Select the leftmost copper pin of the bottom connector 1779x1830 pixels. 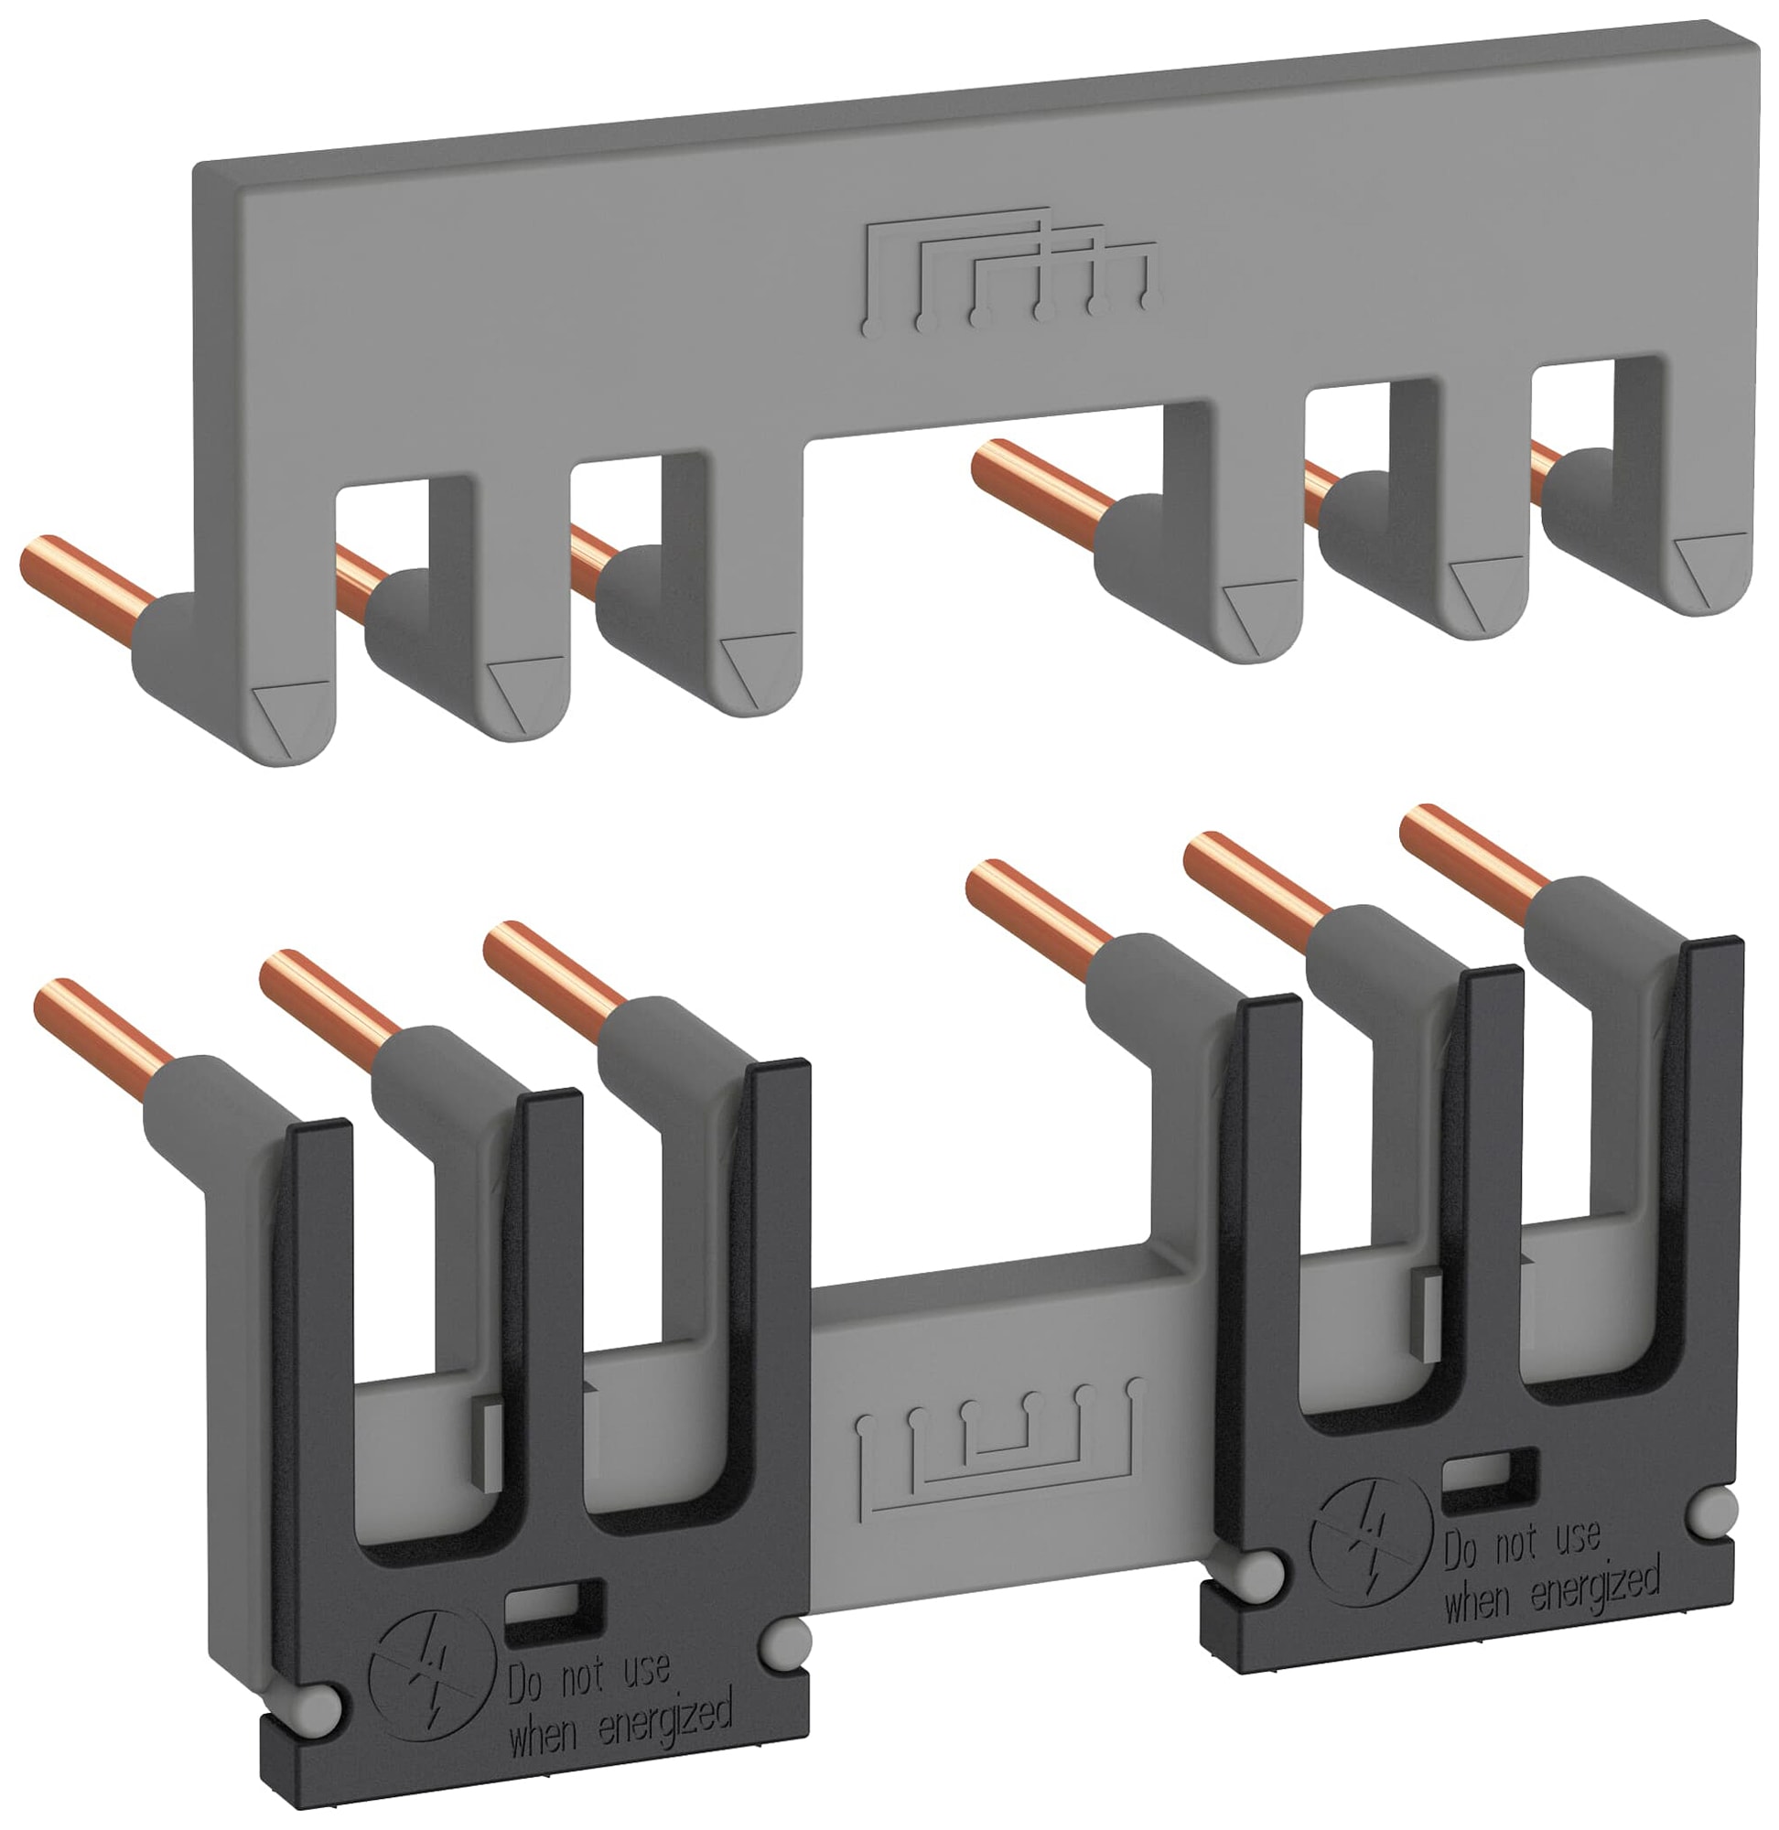pos(102,1022)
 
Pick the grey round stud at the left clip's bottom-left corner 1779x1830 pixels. pos(318,1706)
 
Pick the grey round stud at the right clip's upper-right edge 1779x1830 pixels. pos(1716,1506)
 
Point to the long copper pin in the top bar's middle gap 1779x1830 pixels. pos(1037,487)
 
